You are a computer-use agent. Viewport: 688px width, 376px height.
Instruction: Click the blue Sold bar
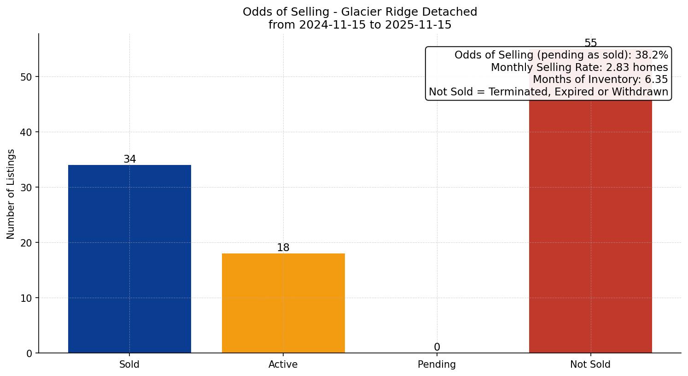(x=129, y=258)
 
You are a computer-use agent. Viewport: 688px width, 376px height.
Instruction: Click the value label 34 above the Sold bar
(x=130, y=159)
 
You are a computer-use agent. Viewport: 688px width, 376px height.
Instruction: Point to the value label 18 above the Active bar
(x=283, y=248)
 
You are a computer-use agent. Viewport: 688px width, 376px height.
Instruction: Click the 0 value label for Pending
(x=437, y=347)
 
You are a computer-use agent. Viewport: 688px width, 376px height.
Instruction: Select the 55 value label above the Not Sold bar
(x=590, y=43)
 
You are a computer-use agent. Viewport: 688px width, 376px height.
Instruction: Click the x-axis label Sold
(x=129, y=364)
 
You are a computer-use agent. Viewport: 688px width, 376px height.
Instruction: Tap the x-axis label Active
(x=283, y=364)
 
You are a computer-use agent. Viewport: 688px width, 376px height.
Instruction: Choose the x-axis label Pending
(x=437, y=364)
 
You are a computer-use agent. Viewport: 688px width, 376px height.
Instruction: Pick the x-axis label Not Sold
(x=590, y=364)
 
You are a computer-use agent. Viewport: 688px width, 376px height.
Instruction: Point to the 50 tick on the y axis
(x=26, y=77)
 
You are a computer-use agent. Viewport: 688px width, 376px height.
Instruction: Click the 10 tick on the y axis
(x=26, y=298)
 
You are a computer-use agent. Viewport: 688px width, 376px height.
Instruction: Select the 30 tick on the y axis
(x=26, y=188)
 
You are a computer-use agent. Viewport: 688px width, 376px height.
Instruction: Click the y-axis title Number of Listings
(x=11, y=194)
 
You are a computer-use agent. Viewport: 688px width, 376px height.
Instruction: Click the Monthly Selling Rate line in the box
(x=579, y=67)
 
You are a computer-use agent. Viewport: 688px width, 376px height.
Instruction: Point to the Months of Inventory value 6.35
(x=656, y=79)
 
